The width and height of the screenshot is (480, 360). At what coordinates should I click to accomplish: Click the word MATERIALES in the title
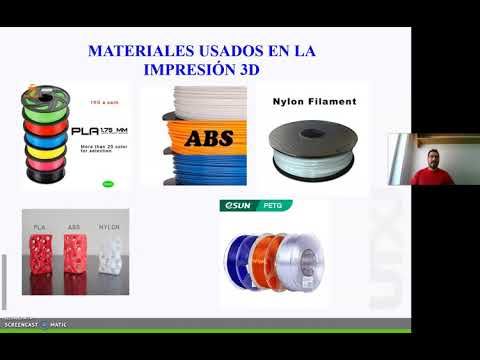141,48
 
